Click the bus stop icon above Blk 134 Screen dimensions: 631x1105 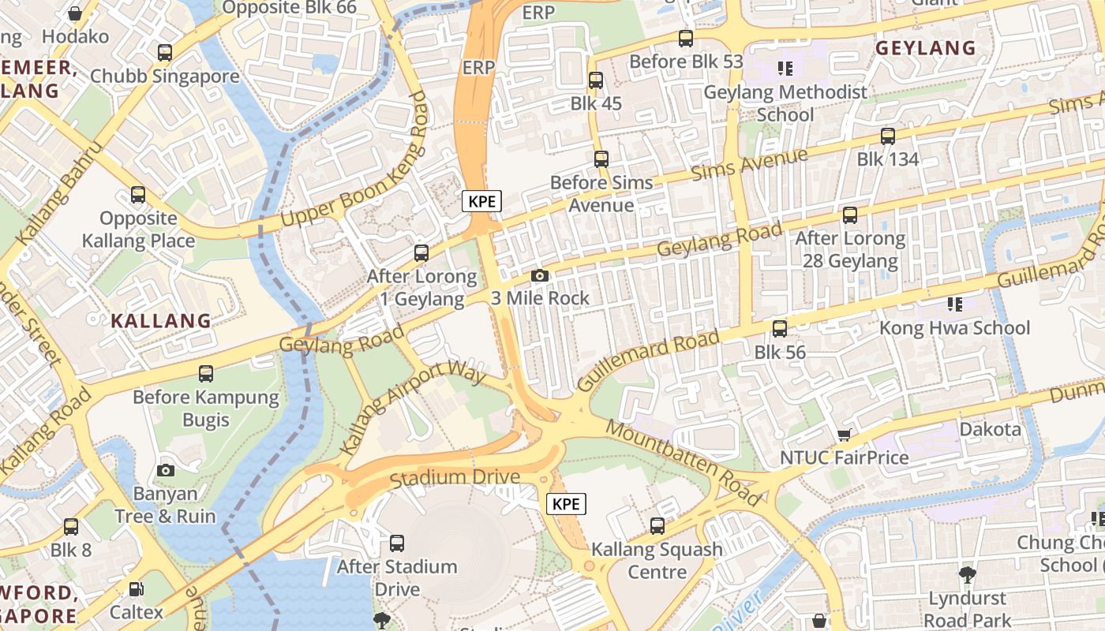click(888, 136)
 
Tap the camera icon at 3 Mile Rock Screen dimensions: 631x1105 click(540, 275)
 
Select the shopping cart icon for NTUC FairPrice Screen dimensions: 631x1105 click(844, 435)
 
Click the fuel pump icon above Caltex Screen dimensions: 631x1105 click(137, 588)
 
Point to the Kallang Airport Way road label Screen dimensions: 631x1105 click(413, 408)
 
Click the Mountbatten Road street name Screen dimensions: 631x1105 click(684, 463)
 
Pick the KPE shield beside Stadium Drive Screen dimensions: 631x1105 click(567, 504)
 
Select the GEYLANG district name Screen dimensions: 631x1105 click(926, 47)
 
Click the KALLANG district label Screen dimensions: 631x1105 click(161, 321)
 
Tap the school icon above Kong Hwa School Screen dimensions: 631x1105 click(955, 304)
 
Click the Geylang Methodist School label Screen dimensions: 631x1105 click(785, 103)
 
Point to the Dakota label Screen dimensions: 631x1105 click(990, 430)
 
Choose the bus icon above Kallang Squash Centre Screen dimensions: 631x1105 click(657, 525)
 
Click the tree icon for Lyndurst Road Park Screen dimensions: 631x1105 click(967, 574)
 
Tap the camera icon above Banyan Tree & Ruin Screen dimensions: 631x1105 click(165, 470)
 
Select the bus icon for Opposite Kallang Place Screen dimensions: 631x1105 click(138, 194)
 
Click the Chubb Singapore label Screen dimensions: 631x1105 click(164, 77)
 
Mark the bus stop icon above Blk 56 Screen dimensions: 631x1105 click(780, 328)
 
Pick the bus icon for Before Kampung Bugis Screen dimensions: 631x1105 click(206, 373)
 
